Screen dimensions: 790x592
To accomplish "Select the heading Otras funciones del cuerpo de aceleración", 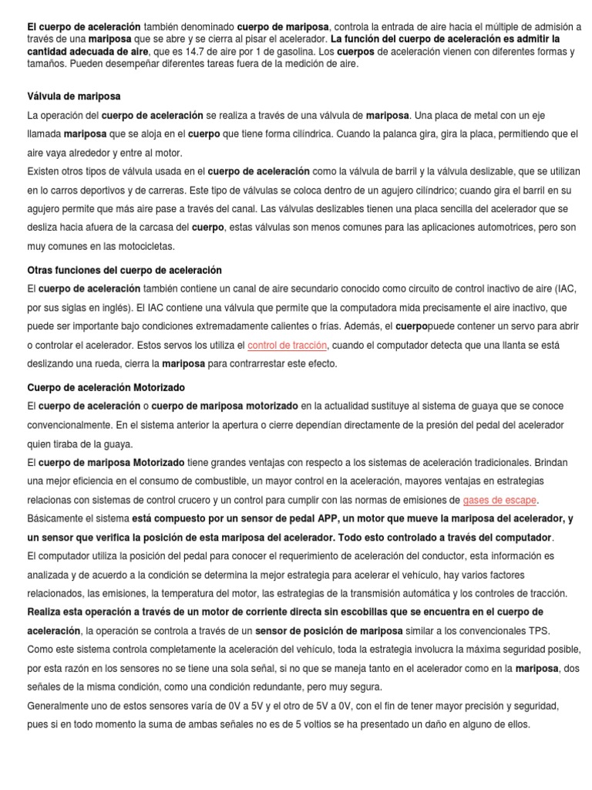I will (x=124, y=270).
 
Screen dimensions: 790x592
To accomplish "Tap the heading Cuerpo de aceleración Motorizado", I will (x=106, y=387).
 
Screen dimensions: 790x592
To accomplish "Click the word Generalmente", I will (x=64, y=705).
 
